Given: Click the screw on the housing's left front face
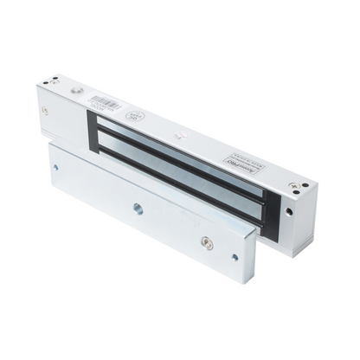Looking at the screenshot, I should pyautogui.click(x=45, y=110).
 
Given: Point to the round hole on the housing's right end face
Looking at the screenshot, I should pyautogui.click(x=305, y=213).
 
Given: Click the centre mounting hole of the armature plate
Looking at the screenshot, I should pyautogui.click(x=137, y=208).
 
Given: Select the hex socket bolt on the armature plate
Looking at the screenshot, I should pyautogui.click(x=206, y=244).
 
